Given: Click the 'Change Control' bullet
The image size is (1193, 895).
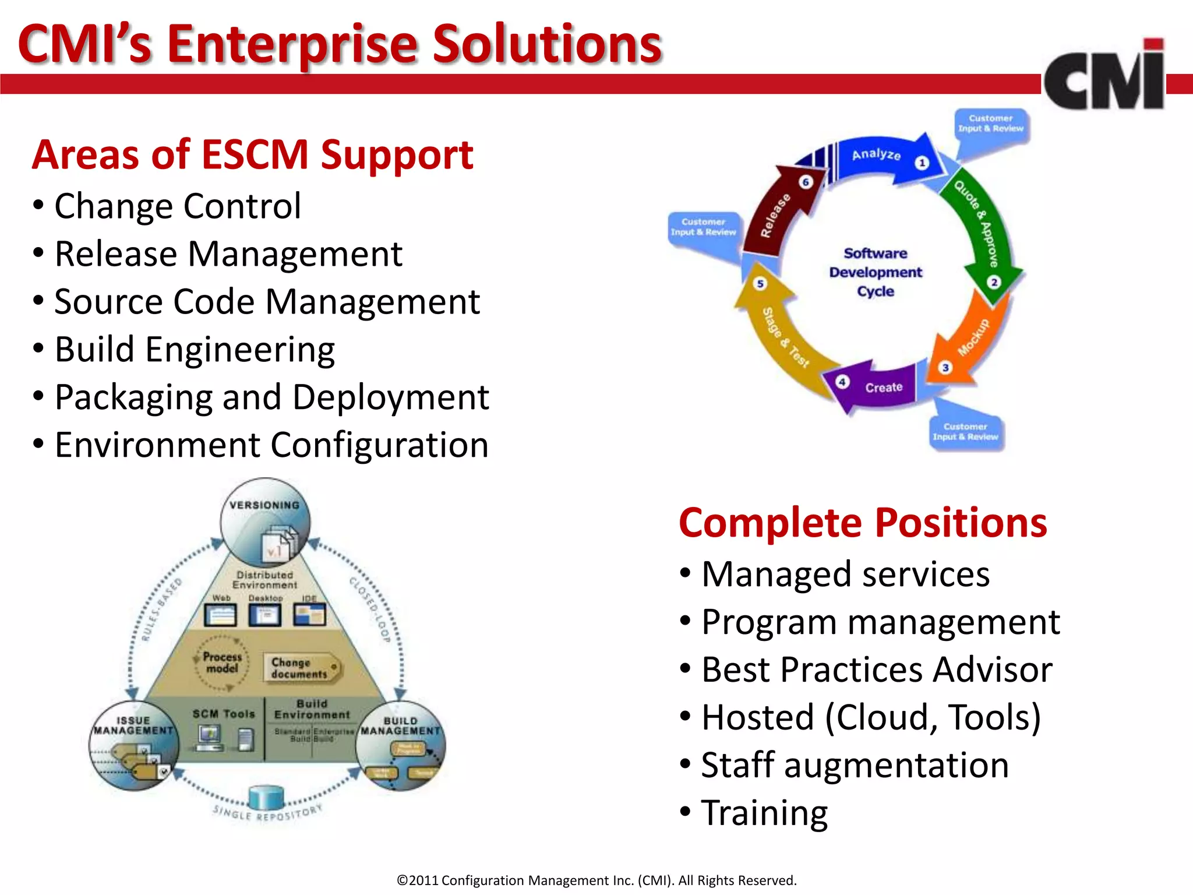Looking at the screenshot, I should (x=178, y=206).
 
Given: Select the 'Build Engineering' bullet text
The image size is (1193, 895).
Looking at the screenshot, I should (x=195, y=350).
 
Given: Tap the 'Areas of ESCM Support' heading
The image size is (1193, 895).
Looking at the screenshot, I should (x=252, y=155).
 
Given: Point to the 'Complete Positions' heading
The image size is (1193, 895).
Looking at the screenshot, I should (x=863, y=523).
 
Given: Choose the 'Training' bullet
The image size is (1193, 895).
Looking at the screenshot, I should (x=764, y=813).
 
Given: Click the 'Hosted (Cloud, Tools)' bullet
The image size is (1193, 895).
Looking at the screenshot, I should (x=870, y=717).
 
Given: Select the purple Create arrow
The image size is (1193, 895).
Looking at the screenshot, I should (x=874, y=387).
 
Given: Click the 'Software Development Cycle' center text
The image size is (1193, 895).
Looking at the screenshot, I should (x=876, y=272).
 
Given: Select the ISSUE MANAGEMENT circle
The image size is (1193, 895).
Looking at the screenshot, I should (x=133, y=746).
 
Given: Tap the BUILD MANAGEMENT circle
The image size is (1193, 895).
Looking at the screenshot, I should (x=401, y=746).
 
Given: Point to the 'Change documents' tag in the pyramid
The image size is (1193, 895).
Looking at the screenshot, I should (x=300, y=668).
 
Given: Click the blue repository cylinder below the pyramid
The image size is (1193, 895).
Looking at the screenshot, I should (x=266, y=797).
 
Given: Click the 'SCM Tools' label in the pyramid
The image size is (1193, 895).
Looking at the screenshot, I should (x=224, y=714).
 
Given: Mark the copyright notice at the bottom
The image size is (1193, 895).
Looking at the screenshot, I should (x=596, y=880).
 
